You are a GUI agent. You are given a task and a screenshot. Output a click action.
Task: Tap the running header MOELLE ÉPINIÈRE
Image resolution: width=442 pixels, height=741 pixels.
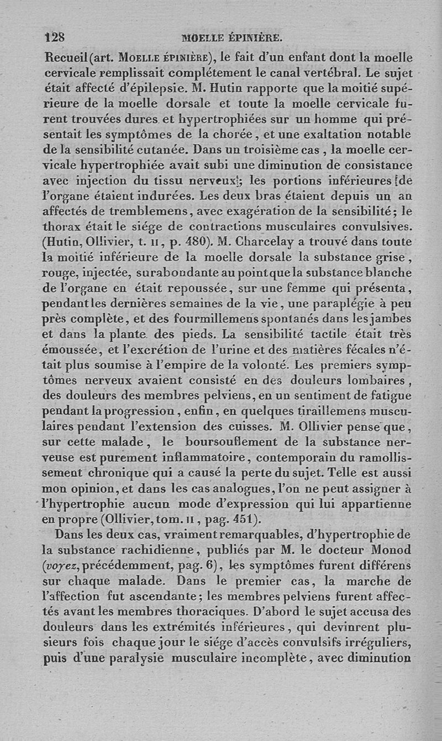coord(232,39)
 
